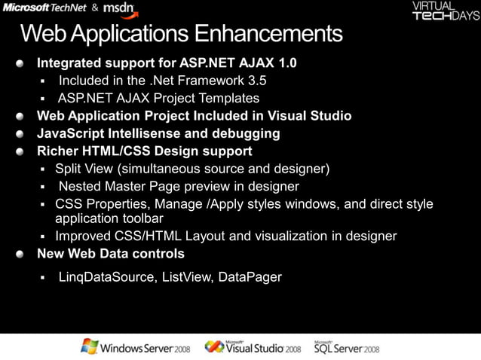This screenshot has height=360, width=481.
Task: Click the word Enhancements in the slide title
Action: (x=268, y=34)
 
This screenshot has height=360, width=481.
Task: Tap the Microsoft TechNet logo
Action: (x=44, y=8)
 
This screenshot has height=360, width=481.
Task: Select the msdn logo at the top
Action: (x=119, y=8)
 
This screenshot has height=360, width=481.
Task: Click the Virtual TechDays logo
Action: (x=446, y=11)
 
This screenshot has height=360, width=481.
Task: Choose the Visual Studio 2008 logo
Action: (x=253, y=346)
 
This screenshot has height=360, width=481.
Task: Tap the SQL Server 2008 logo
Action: (x=346, y=346)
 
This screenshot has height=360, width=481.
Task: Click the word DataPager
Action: (x=250, y=277)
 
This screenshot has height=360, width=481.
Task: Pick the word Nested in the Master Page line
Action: (x=80, y=187)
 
